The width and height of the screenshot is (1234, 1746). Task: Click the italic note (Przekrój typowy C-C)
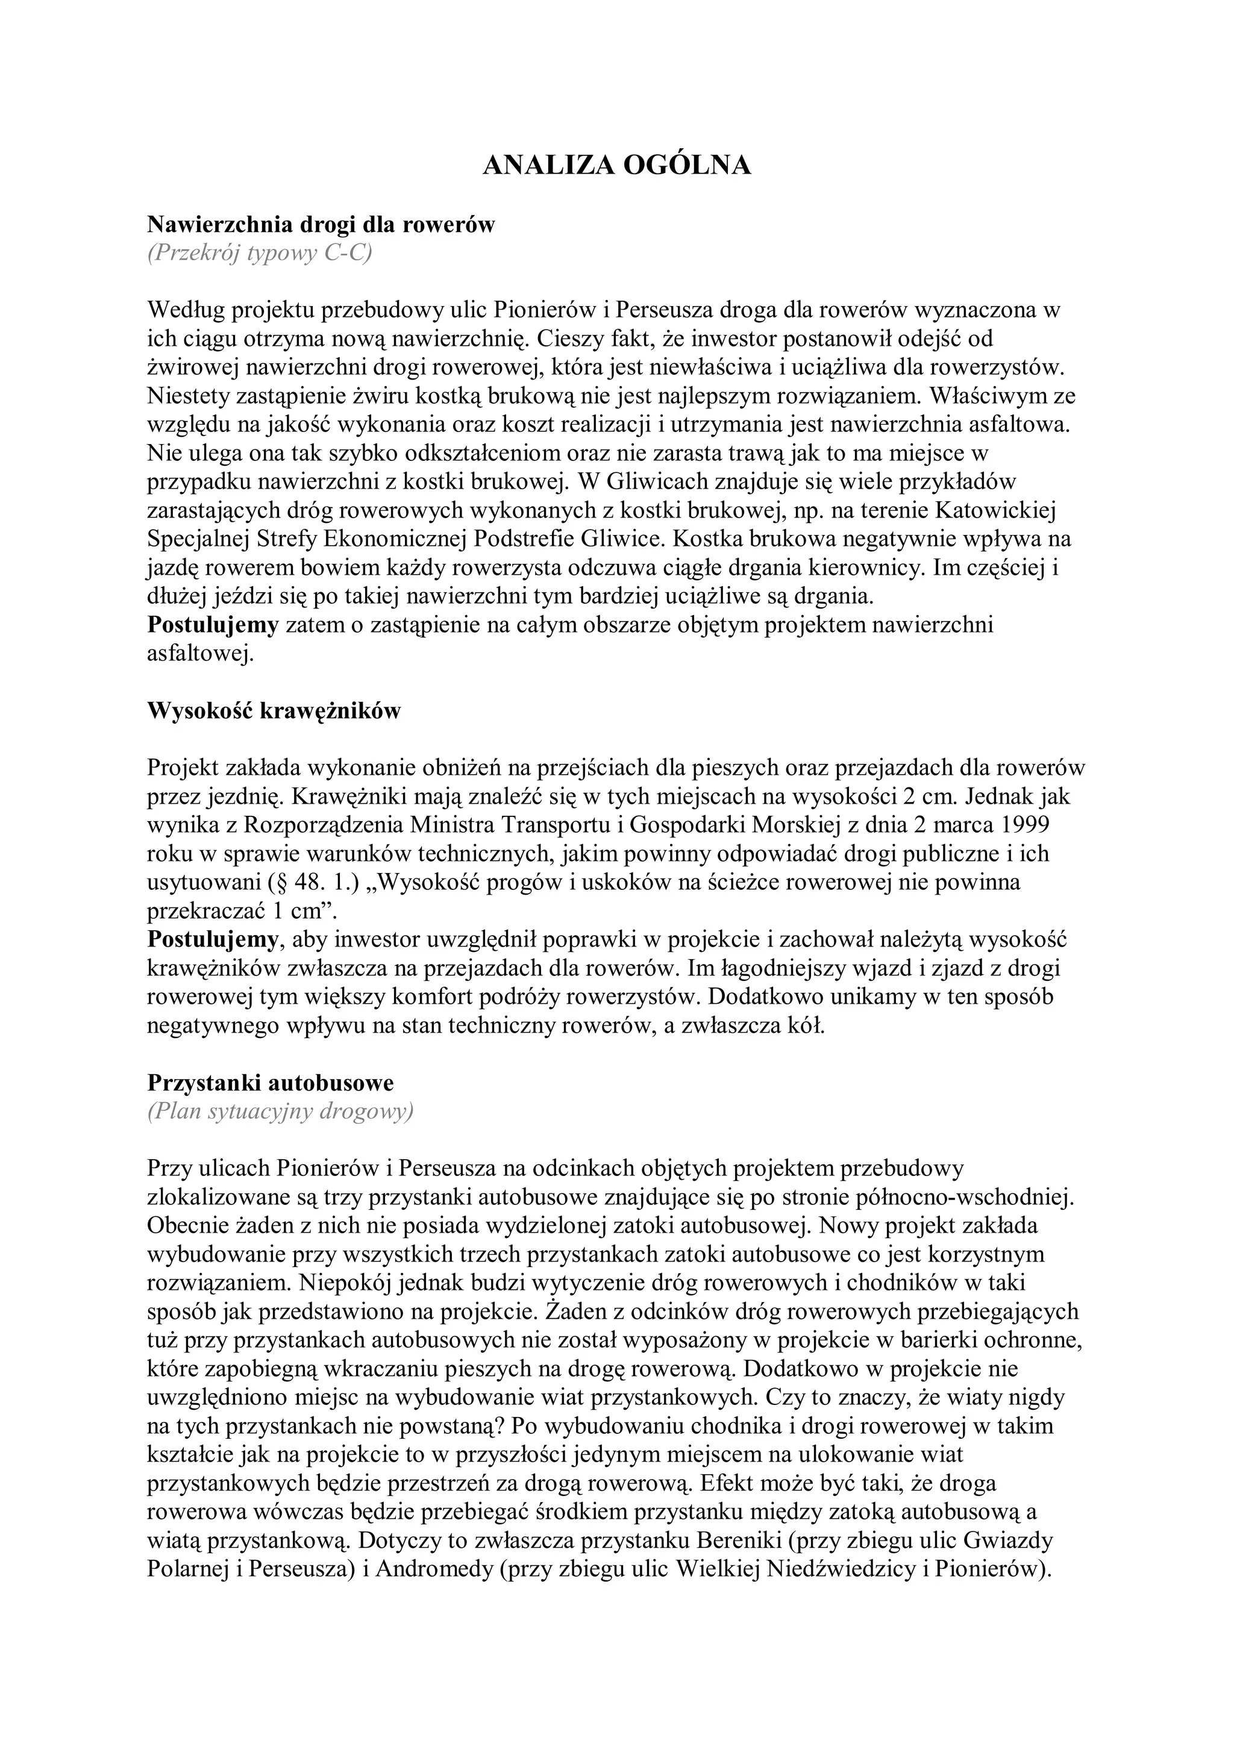pyautogui.click(x=260, y=253)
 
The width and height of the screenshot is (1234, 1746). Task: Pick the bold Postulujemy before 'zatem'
pyautogui.click(x=213, y=625)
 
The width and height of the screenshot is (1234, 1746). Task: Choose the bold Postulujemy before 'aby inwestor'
pyautogui.click(x=213, y=940)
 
